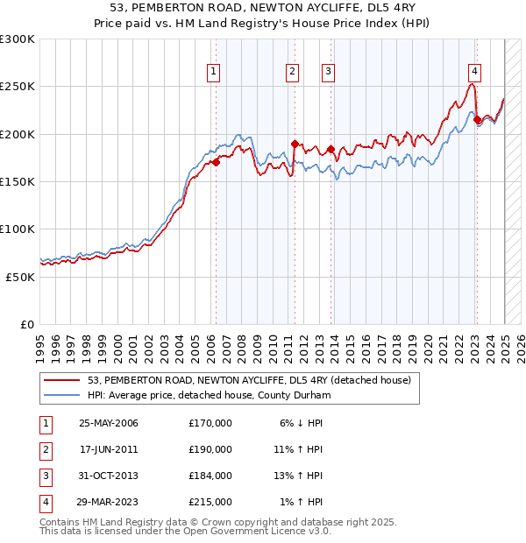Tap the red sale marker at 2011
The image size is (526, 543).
pos(295,144)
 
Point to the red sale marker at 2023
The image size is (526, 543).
pos(477,120)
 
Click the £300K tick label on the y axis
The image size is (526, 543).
pos(18,39)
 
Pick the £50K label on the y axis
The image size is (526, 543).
pos(20,277)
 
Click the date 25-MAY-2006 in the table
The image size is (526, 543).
pos(109,424)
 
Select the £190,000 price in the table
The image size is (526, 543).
pos(210,450)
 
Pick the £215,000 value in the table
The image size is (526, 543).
pos(210,503)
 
